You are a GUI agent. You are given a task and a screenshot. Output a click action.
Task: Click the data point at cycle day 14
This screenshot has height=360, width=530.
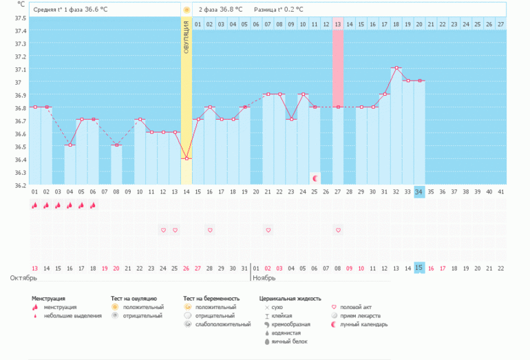pyautogui.click(x=187, y=158)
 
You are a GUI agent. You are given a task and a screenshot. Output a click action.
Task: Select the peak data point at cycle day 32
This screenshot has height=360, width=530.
pyautogui.click(x=396, y=68)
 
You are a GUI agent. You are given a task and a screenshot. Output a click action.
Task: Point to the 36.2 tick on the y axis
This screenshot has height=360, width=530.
pyautogui.click(x=21, y=185)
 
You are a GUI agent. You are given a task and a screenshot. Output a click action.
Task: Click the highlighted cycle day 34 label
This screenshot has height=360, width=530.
pyautogui.click(x=419, y=192)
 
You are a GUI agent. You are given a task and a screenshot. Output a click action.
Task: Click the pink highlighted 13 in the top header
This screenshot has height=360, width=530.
pyautogui.click(x=338, y=25)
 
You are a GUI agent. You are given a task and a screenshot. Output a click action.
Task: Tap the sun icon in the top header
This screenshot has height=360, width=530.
pyautogui.click(x=187, y=10)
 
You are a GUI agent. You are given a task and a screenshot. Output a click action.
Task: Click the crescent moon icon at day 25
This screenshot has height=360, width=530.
pyautogui.click(x=315, y=178)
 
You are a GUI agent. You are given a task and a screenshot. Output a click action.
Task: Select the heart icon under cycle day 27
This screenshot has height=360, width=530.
pyautogui.click(x=338, y=230)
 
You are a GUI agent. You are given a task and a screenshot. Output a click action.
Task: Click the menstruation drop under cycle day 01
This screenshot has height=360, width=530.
pyautogui.click(x=34, y=205)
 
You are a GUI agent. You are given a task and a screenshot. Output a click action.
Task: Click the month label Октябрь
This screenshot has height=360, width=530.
pyautogui.click(x=23, y=278)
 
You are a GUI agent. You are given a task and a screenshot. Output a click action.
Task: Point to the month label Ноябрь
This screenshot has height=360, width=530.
pyautogui.click(x=264, y=278)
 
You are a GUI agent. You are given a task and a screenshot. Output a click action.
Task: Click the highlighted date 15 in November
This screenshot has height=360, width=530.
pyautogui.click(x=419, y=268)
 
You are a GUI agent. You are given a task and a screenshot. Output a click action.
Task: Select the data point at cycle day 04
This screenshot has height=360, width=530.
pyautogui.click(x=70, y=145)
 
